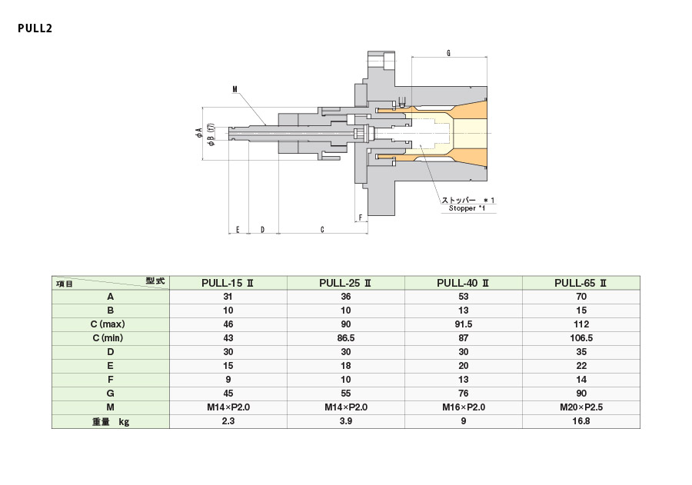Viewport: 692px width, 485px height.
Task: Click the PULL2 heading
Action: [x=34, y=29]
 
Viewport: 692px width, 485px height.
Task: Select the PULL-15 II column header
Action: [x=228, y=282]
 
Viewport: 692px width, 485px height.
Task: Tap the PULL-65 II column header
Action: [x=581, y=282]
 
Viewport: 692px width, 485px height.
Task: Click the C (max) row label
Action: [x=110, y=324]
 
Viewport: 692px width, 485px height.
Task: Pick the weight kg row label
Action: [x=110, y=421]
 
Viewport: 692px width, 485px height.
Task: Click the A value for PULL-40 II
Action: [x=463, y=297]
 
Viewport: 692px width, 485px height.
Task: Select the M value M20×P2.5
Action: [x=581, y=407]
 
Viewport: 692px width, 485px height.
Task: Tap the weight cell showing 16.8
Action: [x=581, y=421]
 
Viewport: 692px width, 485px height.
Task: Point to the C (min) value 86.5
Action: [x=345, y=338]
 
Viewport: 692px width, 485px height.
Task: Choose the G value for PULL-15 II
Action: [x=228, y=394]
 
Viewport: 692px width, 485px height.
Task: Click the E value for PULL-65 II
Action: [x=581, y=366]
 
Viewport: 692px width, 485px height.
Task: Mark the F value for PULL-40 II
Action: [x=463, y=380]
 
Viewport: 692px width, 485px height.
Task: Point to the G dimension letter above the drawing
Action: [x=448, y=53]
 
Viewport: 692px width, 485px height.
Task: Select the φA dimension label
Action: [x=198, y=132]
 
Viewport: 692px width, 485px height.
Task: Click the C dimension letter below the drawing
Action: [x=321, y=229]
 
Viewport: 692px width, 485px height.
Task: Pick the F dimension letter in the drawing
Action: [x=361, y=218]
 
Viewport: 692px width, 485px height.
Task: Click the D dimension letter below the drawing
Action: [x=262, y=229]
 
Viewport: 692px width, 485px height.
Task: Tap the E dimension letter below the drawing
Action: [x=238, y=229]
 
